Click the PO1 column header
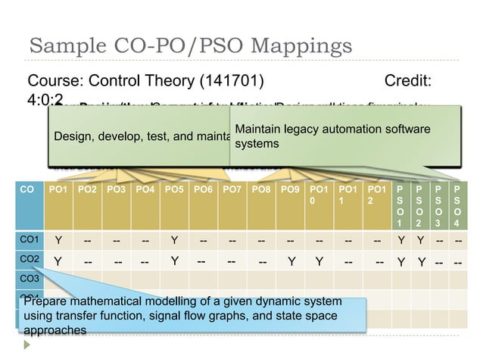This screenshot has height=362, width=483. (x=58, y=185)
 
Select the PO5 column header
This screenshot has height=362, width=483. (x=173, y=185)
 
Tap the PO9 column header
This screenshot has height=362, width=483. (x=289, y=185)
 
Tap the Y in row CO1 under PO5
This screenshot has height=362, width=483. (x=173, y=242)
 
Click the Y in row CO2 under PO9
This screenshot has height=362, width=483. (x=291, y=264)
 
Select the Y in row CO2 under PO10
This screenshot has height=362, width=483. (x=319, y=264)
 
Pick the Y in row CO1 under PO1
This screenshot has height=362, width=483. (x=58, y=242)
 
